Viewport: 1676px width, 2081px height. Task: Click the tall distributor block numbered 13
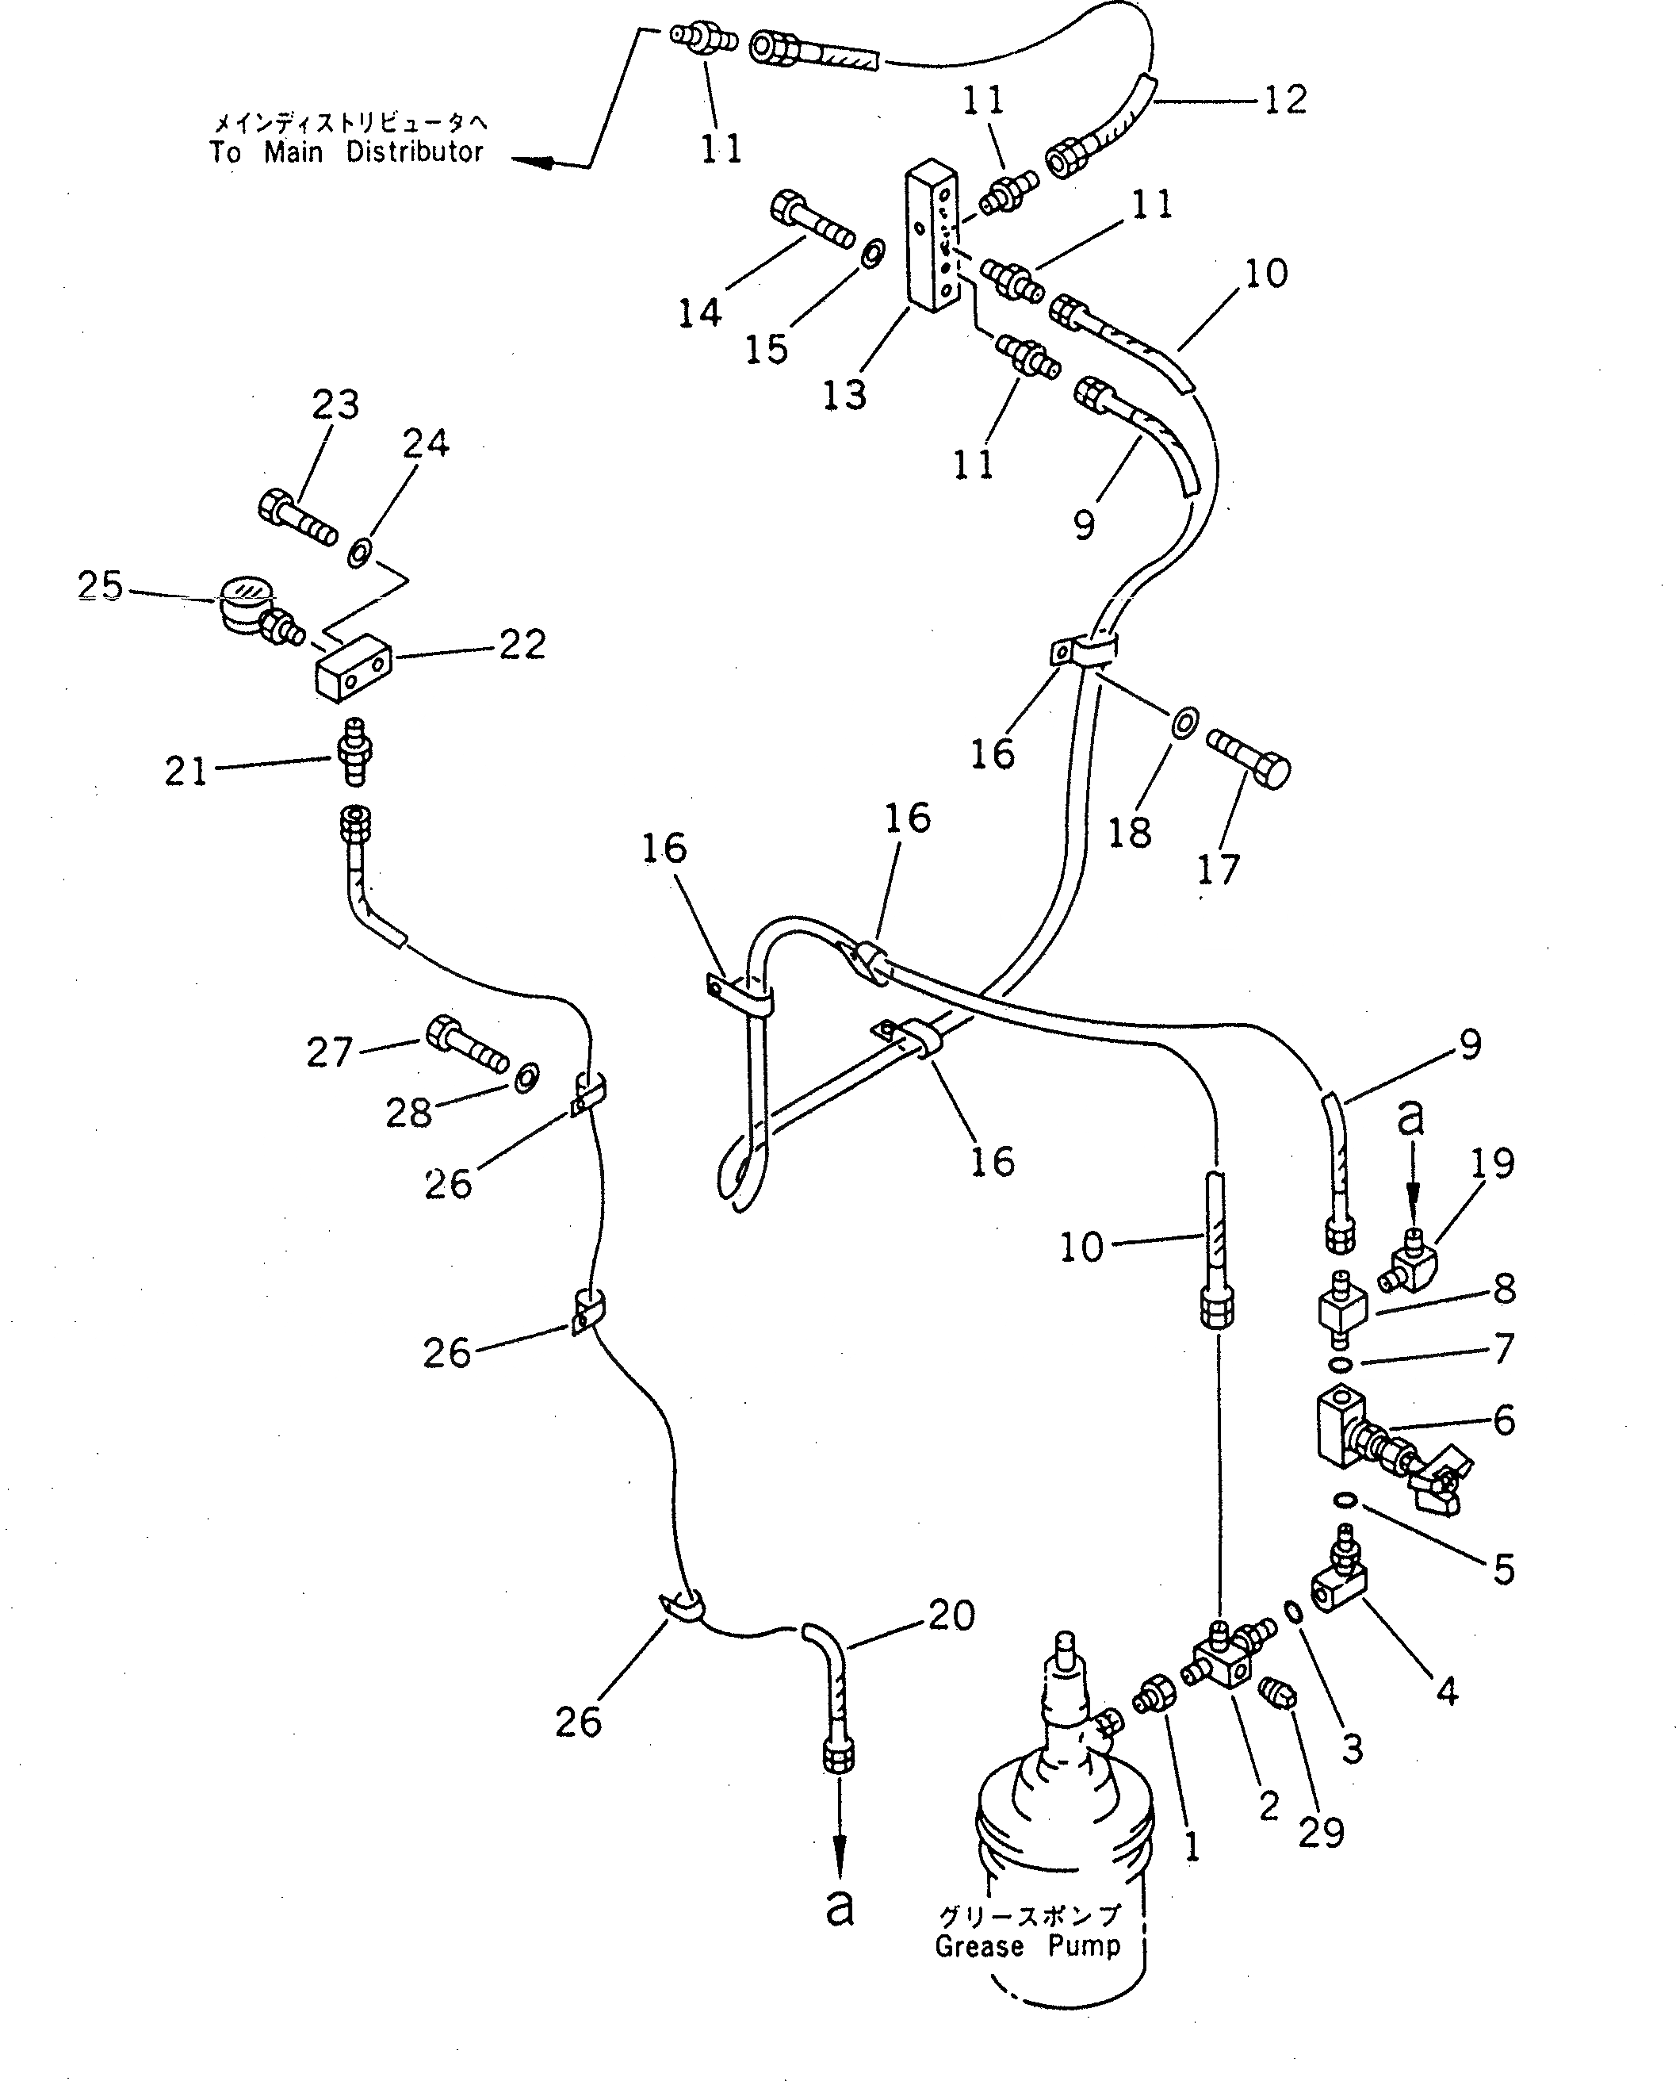931,236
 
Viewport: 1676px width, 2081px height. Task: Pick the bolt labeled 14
810,220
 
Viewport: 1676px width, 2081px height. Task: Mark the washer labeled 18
1184,722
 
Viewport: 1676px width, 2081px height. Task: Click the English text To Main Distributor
346,152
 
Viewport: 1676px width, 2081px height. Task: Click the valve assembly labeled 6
1372,1447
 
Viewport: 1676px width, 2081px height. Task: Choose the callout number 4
1446,1690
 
